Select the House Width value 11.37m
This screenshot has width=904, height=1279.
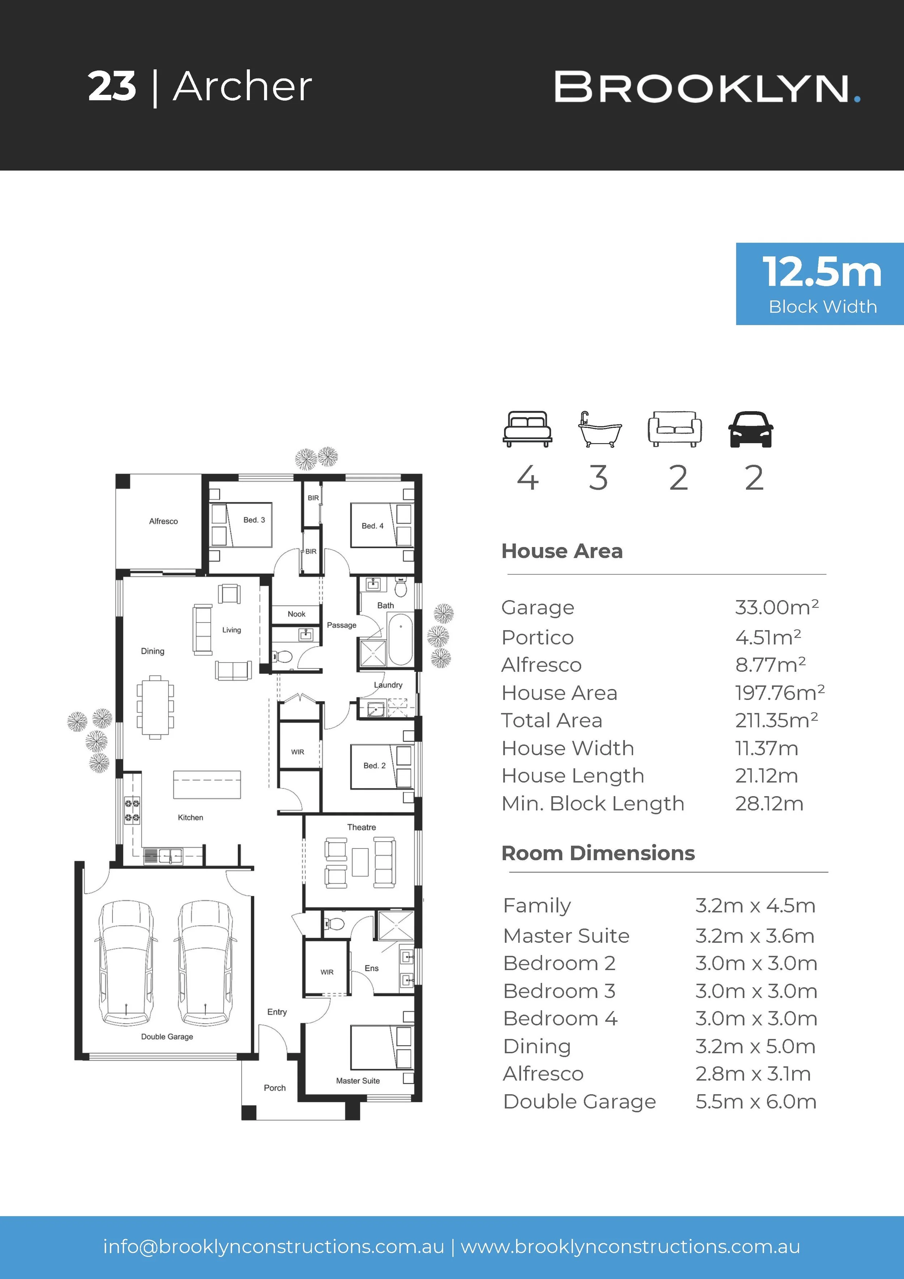click(767, 748)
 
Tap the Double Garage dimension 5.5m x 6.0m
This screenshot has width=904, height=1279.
click(756, 1101)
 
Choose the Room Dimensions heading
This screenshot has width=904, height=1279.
click(598, 853)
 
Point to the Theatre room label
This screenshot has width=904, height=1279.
click(362, 827)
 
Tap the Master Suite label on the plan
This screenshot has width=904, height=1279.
click(358, 1081)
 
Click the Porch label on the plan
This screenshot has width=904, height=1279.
click(274, 1087)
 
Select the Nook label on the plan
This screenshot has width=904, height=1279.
click(296, 614)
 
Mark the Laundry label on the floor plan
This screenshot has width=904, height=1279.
click(388, 685)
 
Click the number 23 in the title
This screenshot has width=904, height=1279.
click(112, 87)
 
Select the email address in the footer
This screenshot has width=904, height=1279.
click(273, 1246)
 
